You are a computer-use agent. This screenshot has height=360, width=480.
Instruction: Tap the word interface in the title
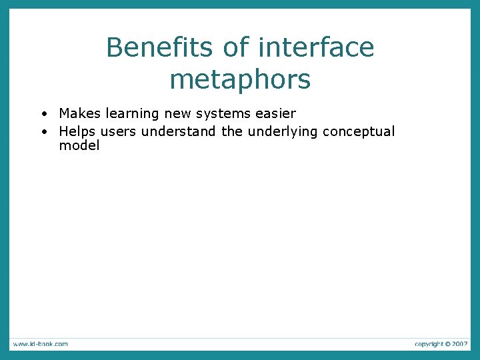pyautogui.click(x=315, y=48)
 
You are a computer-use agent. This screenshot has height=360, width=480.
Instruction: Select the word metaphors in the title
pyautogui.click(x=240, y=79)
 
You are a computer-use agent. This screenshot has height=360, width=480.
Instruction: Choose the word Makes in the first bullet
pyautogui.click(x=80, y=114)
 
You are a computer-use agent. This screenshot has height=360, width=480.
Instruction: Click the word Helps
pyautogui.click(x=77, y=131)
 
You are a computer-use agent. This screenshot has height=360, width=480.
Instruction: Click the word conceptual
pyautogui.click(x=359, y=132)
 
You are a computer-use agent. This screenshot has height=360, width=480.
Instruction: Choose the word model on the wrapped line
pyautogui.click(x=79, y=145)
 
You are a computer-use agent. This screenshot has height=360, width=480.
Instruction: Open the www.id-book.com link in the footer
pyautogui.click(x=39, y=344)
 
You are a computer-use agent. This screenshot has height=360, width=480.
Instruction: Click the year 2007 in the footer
pyautogui.click(x=459, y=344)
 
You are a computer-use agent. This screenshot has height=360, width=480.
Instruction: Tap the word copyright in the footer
pyautogui.click(x=429, y=344)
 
